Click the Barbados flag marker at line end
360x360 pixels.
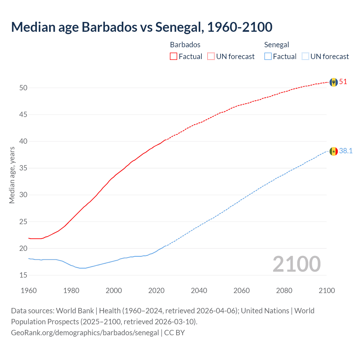334,82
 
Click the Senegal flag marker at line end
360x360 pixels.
334,151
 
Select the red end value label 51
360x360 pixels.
343,82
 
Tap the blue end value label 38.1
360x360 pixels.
346,151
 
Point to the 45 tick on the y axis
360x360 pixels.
23,115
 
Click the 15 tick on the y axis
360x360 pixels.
23,275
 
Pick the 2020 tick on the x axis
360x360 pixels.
156,291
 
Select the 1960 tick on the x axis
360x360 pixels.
29,291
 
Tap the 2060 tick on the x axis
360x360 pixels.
242,291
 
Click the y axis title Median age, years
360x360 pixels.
12,175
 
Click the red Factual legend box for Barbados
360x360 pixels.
174,57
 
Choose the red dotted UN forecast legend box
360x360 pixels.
211,57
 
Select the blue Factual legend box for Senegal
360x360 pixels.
268,57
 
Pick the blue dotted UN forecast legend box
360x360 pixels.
305,57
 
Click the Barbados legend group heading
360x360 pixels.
185,45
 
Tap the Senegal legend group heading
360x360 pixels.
276,45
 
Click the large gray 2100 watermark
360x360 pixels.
296,264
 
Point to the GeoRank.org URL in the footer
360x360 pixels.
85,333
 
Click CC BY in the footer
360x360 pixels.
174,333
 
